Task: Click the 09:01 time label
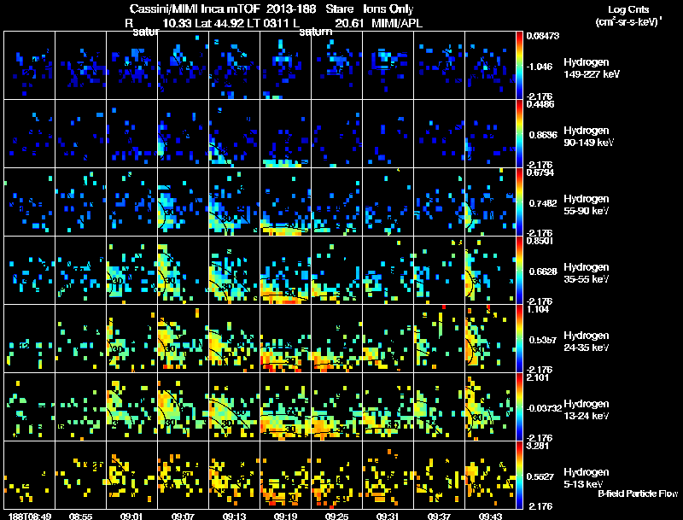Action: [131, 516]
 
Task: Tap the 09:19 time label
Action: [285, 516]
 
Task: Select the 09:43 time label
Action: [490, 516]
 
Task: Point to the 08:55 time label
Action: [80, 516]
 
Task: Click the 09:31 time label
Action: [388, 516]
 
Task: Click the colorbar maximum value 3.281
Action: [539, 446]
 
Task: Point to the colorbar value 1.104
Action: [539, 309]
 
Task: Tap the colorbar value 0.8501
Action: [540, 241]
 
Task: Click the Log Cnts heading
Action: [627, 9]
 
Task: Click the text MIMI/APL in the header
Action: [396, 23]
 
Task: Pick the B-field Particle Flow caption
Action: [637, 494]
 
